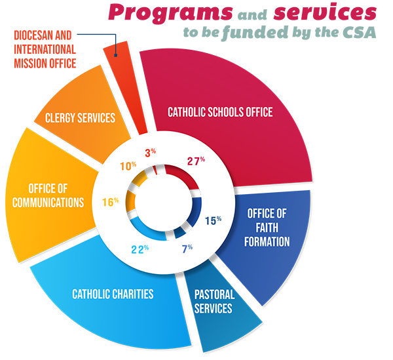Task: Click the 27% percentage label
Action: point(196,161)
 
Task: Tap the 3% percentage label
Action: point(151,153)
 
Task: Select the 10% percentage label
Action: point(128,166)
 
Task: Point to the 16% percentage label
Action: point(110,202)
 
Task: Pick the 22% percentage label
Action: point(140,249)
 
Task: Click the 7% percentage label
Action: point(187,249)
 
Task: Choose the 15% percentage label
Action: point(213,220)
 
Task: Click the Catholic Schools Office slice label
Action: point(220,112)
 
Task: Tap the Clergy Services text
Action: point(80,117)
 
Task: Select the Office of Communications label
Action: point(48,195)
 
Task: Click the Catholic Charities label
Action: point(113,294)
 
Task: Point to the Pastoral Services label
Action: point(214,301)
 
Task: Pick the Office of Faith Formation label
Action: point(267,228)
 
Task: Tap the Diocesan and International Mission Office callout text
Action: point(45,49)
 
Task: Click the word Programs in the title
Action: point(170,13)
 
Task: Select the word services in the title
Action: point(325,12)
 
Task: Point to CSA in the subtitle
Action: point(359,32)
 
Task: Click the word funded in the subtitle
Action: point(255,33)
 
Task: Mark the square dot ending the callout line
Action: point(115,55)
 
